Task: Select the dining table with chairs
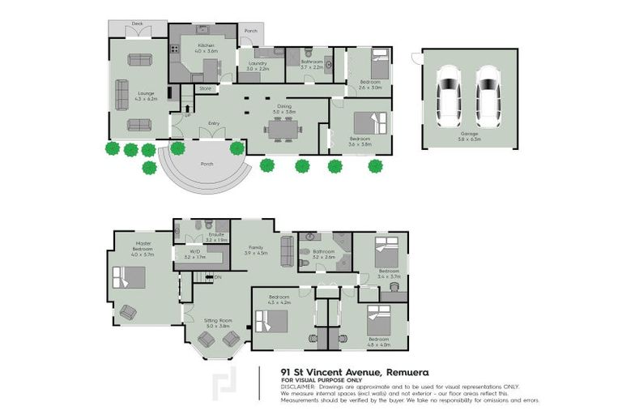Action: coord(283,127)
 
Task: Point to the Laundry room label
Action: coord(257,62)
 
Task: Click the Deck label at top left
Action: coord(138,24)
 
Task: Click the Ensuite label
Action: coord(215,234)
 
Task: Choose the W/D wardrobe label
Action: coord(195,252)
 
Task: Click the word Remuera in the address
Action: coord(395,372)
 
